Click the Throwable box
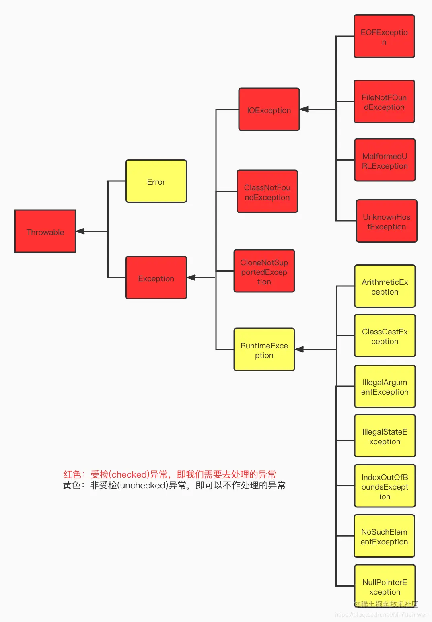(45, 231)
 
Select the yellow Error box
(156, 181)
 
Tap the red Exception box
(156, 278)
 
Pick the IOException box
(269, 109)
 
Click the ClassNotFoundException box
(267, 192)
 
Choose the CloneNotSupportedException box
(264, 271)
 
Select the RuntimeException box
(264, 350)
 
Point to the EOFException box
(384, 36)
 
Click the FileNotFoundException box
(384, 101)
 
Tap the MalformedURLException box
(385, 160)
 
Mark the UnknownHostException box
(387, 221)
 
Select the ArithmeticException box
(385, 286)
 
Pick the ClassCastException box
(385, 336)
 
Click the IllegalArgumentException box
(385, 386)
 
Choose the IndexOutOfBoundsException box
(385, 486)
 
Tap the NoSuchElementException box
(384, 536)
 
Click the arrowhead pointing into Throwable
(80, 231)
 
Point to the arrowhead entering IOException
(304, 109)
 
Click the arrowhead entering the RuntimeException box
(300, 350)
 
